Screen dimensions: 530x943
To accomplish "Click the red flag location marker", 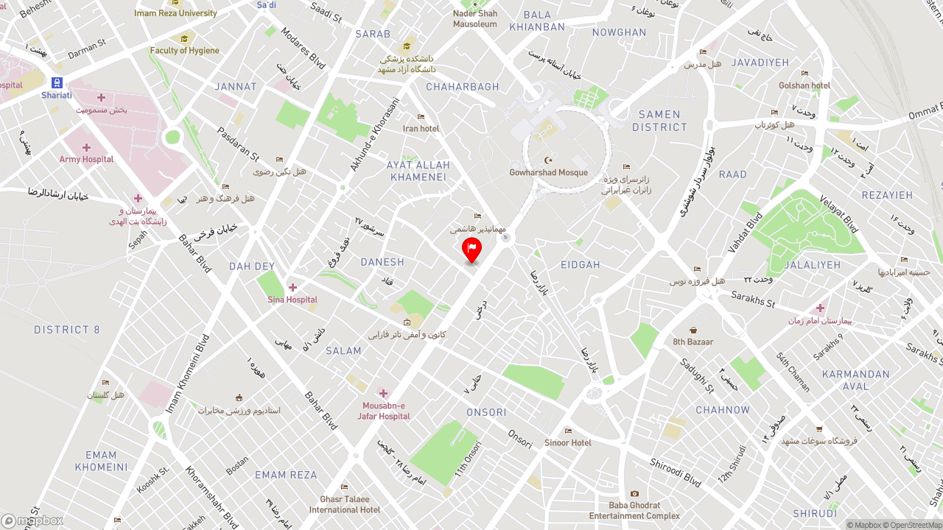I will pos(471,249).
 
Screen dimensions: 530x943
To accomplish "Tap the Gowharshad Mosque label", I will pos(548,172).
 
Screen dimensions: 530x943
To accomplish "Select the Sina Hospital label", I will pos(292,299).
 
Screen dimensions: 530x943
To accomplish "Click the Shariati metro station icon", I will pos(57,82).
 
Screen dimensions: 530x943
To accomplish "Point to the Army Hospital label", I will pos(86,159).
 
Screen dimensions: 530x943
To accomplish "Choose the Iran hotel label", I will pos(421,128).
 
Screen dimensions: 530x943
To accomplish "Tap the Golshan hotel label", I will pos(804,85).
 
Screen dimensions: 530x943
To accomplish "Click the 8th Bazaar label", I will pos(693,342).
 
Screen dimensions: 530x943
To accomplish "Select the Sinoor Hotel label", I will pos(567,442).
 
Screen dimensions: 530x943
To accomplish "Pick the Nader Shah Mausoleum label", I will pos(474,18).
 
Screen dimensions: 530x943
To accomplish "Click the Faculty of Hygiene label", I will pos(184,50).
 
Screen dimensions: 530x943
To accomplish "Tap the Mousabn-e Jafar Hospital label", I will pos(383,411).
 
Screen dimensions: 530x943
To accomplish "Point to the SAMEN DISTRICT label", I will pos(659,121).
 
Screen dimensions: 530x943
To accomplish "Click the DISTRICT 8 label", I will pos(66,330).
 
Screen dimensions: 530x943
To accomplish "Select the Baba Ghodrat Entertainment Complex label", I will pos(634,510).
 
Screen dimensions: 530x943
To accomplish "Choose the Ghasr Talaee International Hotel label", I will pos(344,504).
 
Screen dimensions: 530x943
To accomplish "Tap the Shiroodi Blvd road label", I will pos(675,472).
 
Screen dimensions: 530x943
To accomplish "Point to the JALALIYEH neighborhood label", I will pos(812,265).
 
